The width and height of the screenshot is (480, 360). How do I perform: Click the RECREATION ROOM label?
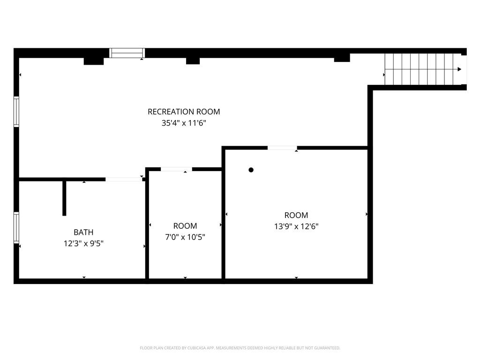pos(184,112)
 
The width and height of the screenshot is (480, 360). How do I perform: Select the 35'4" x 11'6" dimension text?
pos(184,123)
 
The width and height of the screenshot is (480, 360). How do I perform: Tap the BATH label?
pos(83,232)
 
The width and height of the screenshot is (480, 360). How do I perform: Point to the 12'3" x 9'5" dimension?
pos(83,244)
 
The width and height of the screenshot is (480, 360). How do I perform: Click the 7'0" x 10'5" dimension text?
pos(185,237)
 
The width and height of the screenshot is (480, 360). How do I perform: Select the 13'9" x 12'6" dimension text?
pos(296,226)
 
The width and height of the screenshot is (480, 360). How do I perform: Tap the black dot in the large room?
pos(251,170)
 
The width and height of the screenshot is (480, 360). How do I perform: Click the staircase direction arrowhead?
pos(459,69)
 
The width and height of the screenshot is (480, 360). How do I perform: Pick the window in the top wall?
pos(127,53)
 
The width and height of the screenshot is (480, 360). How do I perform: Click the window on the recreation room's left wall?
pos(16,112)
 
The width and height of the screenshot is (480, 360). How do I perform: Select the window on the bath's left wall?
pos(16,227)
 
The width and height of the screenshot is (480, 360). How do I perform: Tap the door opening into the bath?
pos(124,180)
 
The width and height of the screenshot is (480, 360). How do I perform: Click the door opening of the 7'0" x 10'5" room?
pos(176,169)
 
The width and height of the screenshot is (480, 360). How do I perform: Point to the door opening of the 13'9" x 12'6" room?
pos(282,148)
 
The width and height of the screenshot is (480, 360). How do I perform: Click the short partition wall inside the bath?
pos(64,198)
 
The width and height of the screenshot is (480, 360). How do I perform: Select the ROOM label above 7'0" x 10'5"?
pos(185,226)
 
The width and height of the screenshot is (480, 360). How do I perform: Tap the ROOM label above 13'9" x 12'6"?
pos(296,215)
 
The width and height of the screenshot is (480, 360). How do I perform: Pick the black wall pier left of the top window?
pos(94,61)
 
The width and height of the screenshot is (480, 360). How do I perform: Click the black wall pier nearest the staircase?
pos(342,58)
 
